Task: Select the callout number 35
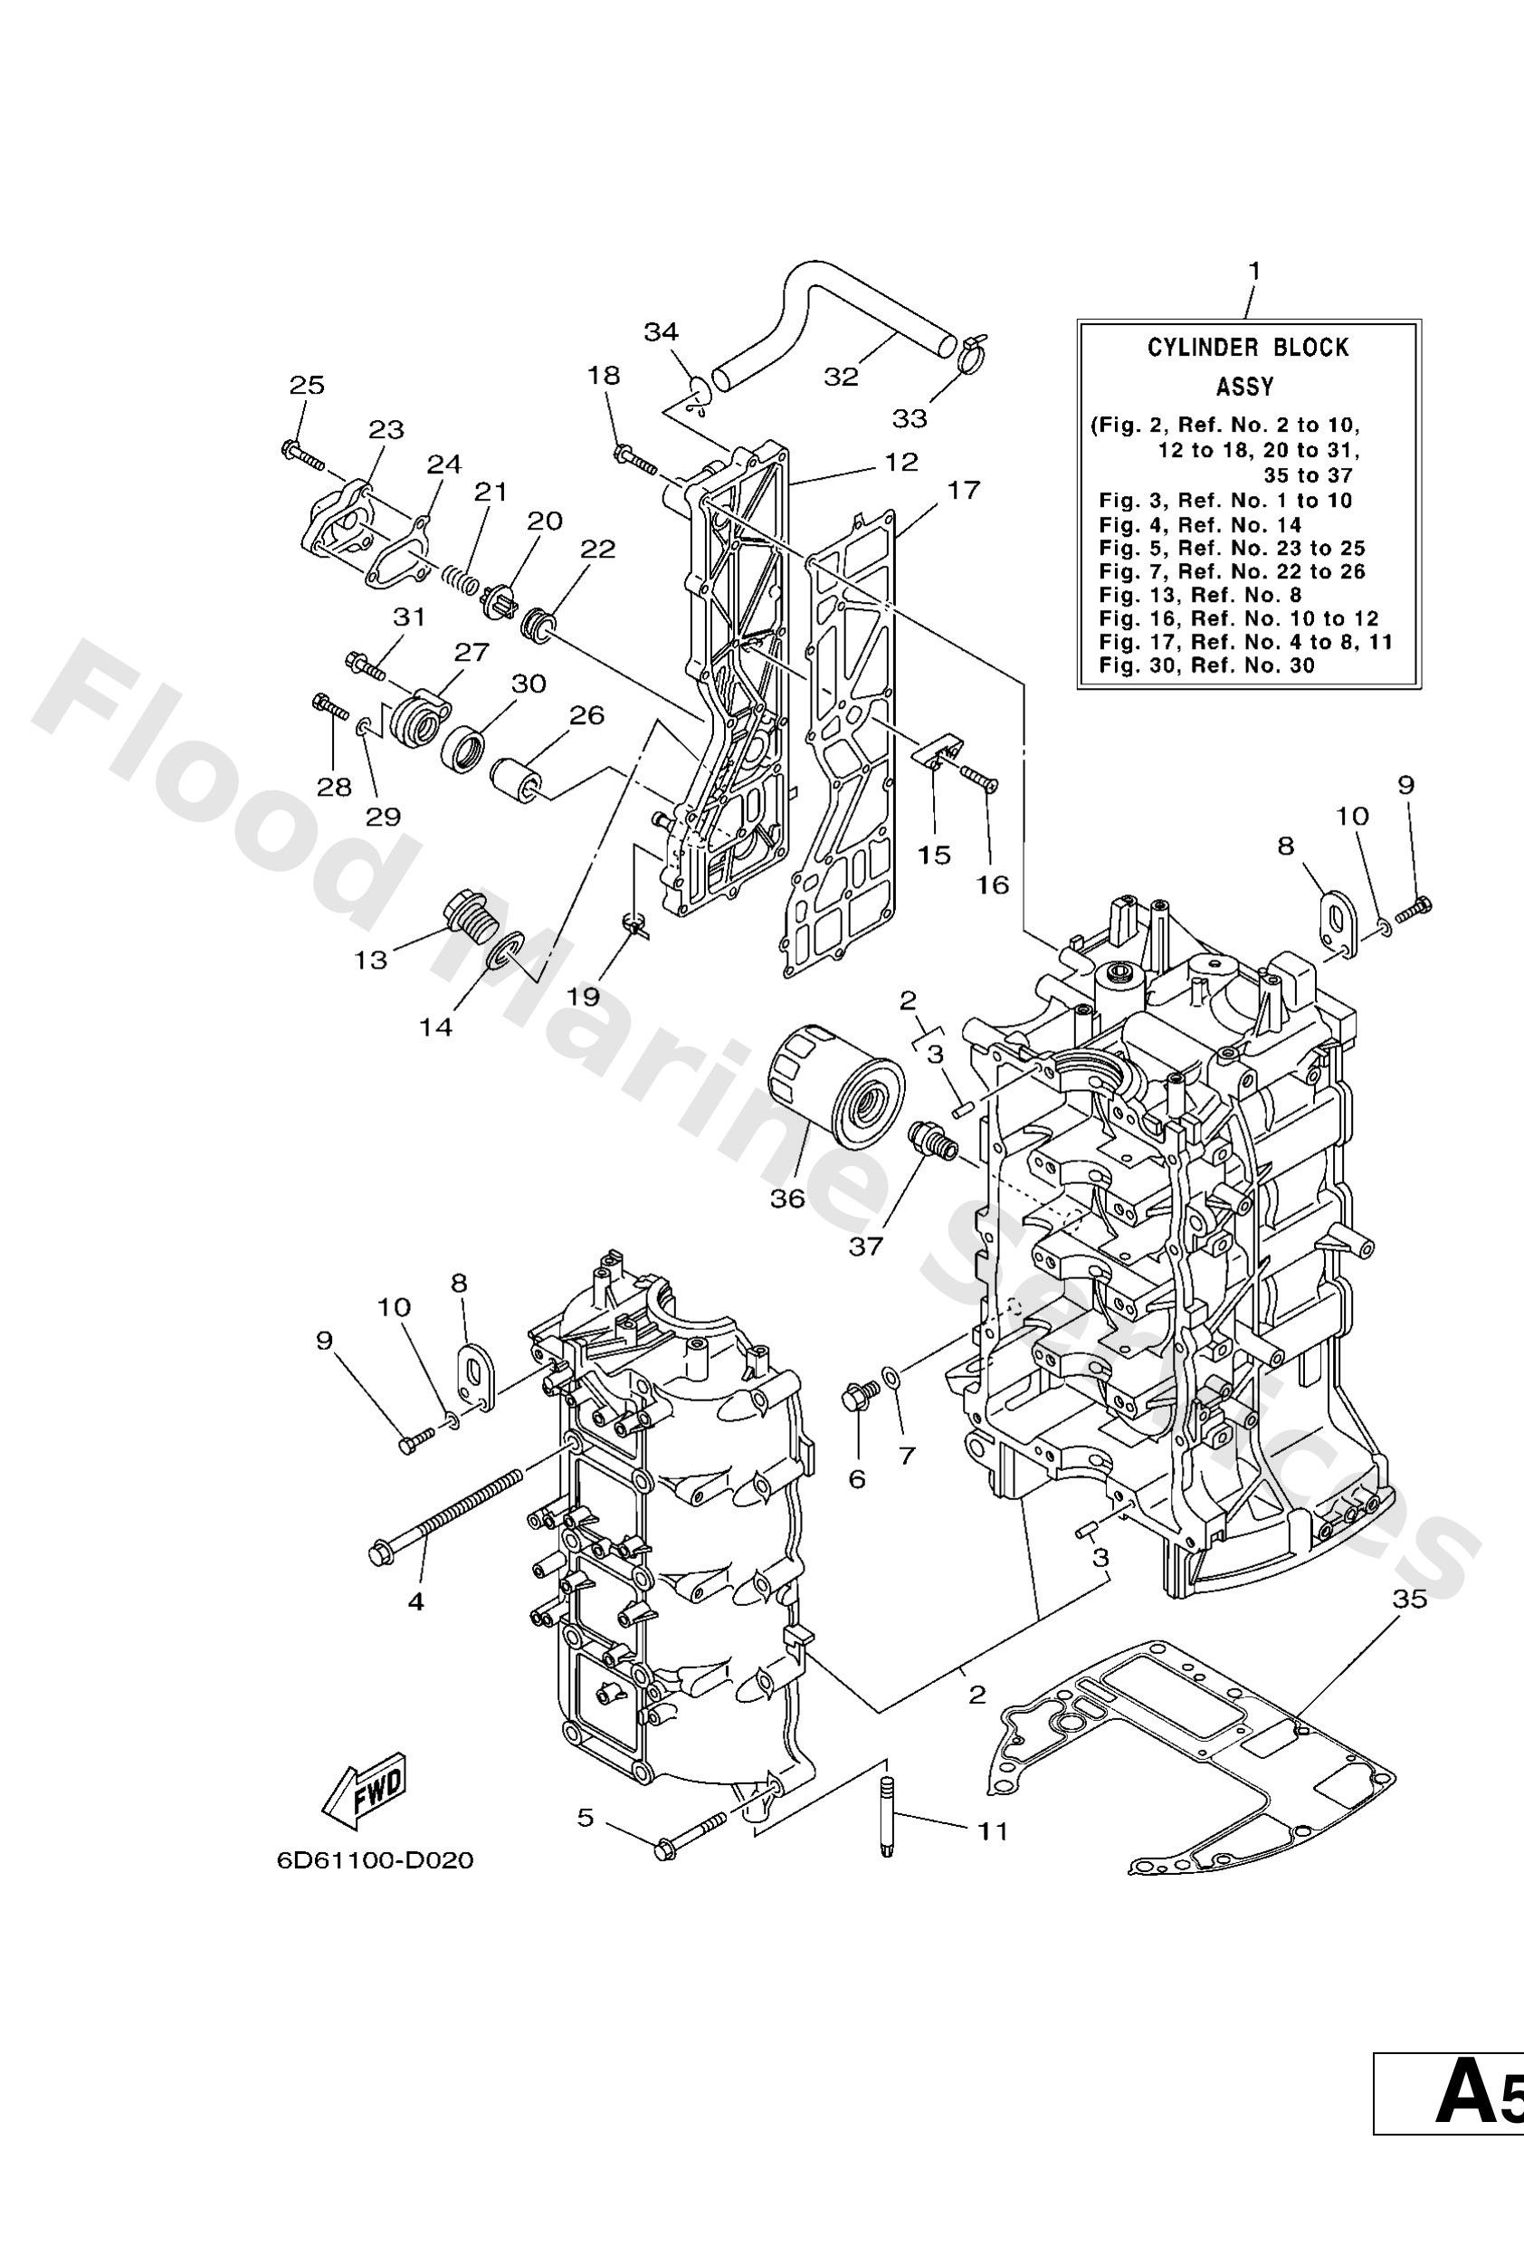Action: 1410,1600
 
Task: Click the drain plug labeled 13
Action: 469,914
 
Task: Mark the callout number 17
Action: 964,490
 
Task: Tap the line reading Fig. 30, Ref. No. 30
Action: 1207,664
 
